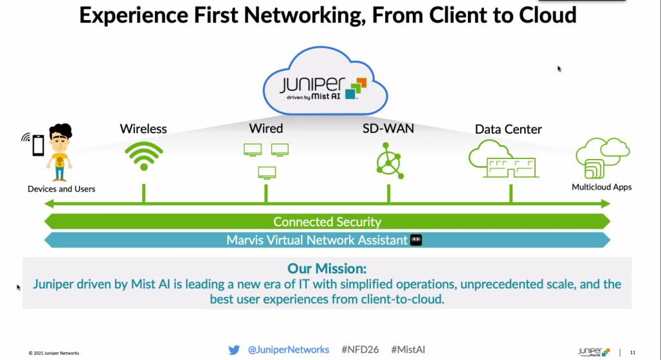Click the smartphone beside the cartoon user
[37, 145]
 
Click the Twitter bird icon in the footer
[234, 350]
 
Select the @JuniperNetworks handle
[288, 350]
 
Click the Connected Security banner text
[327, 222]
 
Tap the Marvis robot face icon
[416, 240]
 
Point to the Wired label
[266, 128]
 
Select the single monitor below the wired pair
[267, 173]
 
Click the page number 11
[633, 352]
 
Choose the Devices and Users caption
[61, 189]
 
